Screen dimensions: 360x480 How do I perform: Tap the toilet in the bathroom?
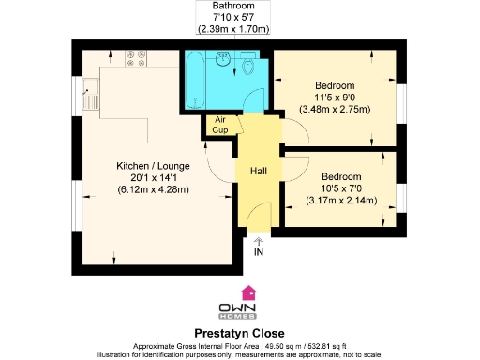[x=248, y=67]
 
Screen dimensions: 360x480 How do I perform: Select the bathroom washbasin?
[x=223, y=60]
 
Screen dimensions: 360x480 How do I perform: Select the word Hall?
[x=258, y=171]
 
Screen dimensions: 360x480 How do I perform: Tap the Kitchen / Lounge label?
[x=153, y=165]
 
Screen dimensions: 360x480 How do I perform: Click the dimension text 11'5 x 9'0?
[x=336, y=95]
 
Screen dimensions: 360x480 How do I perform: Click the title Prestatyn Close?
[x=240, y=333]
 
